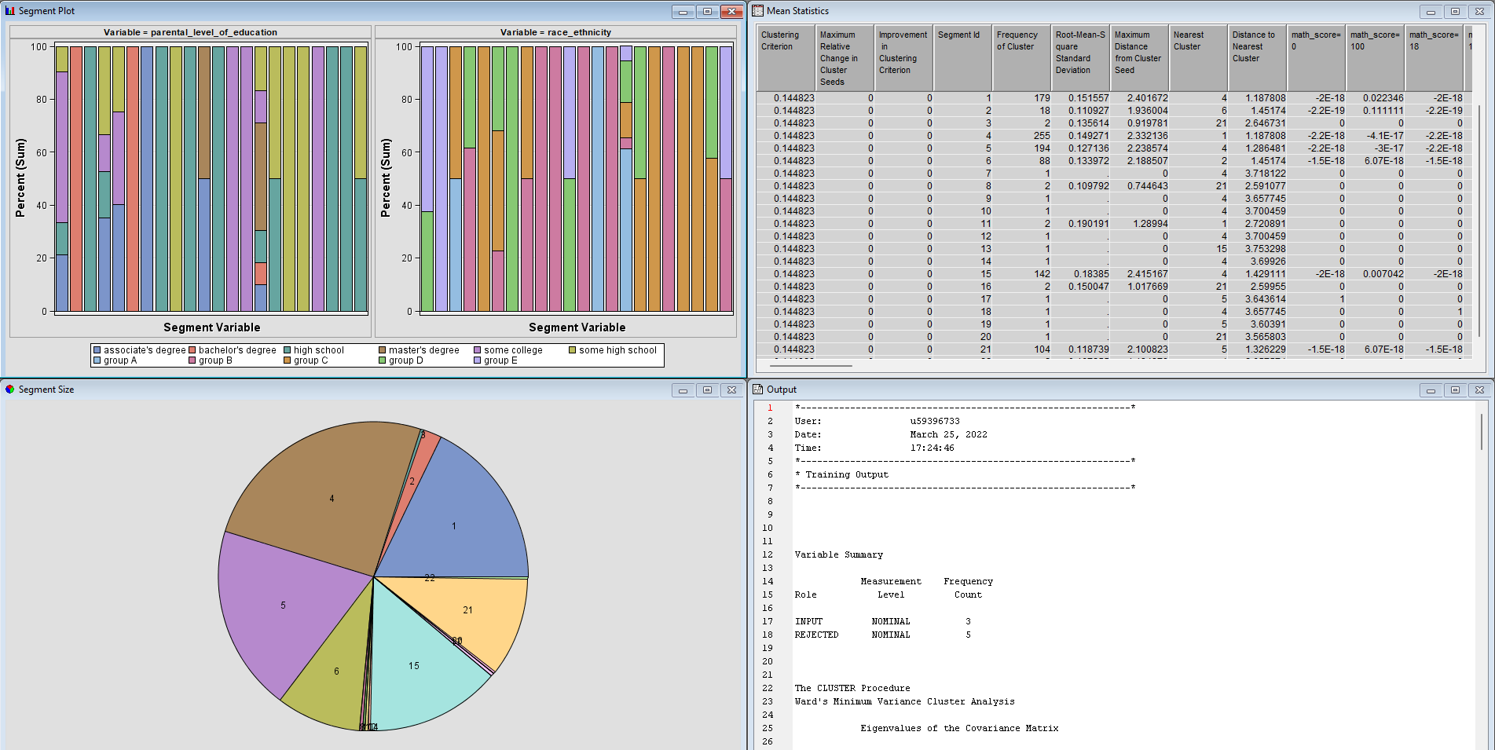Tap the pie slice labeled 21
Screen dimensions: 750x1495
point(471,613)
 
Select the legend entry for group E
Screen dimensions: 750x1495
point(495,360)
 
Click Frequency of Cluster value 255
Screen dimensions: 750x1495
point(1042,136)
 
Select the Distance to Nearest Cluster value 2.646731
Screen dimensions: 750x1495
point(1265,123)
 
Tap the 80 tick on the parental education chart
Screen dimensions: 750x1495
point(42,100)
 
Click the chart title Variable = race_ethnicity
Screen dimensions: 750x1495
point(555,32)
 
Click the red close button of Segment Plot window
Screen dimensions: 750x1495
point(731,11)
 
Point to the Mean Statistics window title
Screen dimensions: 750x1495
point(797,11)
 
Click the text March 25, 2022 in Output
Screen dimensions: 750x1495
point(948,434)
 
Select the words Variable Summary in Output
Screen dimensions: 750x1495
point(838,554)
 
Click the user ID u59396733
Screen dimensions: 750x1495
point(935,421)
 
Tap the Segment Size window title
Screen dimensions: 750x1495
point(46,390)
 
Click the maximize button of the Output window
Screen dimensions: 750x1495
point(1455,390)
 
